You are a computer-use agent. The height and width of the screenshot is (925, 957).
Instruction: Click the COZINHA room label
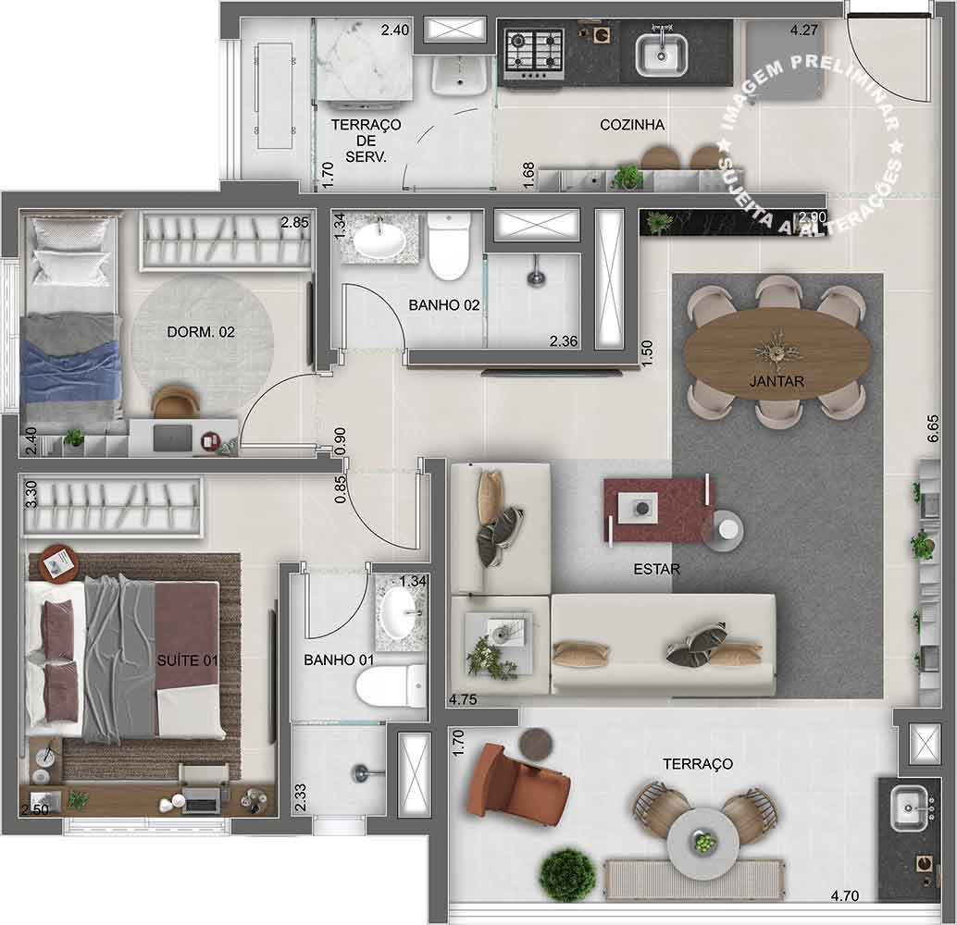coord(632,125)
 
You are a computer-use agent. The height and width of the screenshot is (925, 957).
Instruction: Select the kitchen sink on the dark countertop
coord(662,54)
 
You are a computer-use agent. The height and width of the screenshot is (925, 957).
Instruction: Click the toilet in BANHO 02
coord(449,246)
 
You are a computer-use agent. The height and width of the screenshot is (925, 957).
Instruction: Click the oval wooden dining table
coord(777,353)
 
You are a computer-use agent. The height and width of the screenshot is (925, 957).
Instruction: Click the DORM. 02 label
coord(201,332)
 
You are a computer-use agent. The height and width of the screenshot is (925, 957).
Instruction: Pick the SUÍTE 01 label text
coord(187,660)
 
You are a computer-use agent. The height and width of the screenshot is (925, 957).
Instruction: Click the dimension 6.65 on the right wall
coord(933,429)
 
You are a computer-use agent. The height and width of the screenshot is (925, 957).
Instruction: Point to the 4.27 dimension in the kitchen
coord(803,30)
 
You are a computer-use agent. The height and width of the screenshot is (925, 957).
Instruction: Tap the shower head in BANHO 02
coord(535,272)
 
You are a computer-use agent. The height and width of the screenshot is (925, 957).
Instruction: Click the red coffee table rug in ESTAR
coord(659,510)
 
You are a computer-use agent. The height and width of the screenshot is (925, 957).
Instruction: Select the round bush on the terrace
coord(567,874)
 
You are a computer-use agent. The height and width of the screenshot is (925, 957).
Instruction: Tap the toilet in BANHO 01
coord(391,685)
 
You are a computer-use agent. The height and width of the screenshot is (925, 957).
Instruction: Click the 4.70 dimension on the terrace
coord(845,895)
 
